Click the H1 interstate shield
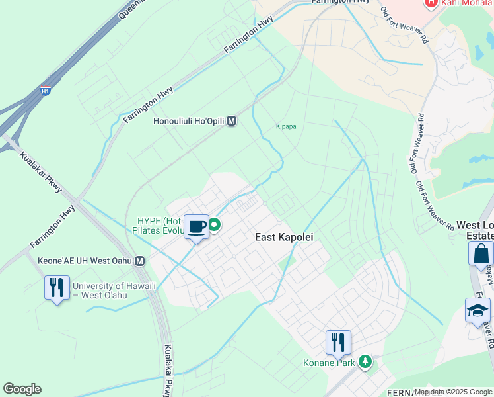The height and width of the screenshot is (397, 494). (x=45, y=91)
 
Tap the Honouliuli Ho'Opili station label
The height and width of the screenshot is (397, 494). (x=188, y=122)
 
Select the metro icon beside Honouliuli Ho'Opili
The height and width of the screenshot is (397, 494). (x=231, y=122)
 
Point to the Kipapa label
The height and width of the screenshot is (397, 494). (x=285, y=126)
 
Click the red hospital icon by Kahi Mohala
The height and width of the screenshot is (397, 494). (x=431, y=3)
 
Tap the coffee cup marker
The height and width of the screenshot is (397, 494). (x=196, y=227)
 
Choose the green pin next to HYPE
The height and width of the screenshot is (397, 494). (x=215, y=225)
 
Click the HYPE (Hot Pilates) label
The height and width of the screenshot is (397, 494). (x=159, y=226)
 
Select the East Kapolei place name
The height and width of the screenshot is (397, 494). (x=284, y=237)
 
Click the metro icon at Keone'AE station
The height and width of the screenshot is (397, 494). (x=140, y=261)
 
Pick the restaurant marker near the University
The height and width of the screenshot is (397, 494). (x=57, y=288)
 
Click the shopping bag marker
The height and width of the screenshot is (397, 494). (x=481, y=254)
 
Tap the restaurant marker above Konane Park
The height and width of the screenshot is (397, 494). (x=338, y=342)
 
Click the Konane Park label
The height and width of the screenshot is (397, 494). (x=329, y=363)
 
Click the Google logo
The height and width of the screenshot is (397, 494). (x=22, y=389)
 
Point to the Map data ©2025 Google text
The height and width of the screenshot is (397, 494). (x=453, y=392)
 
